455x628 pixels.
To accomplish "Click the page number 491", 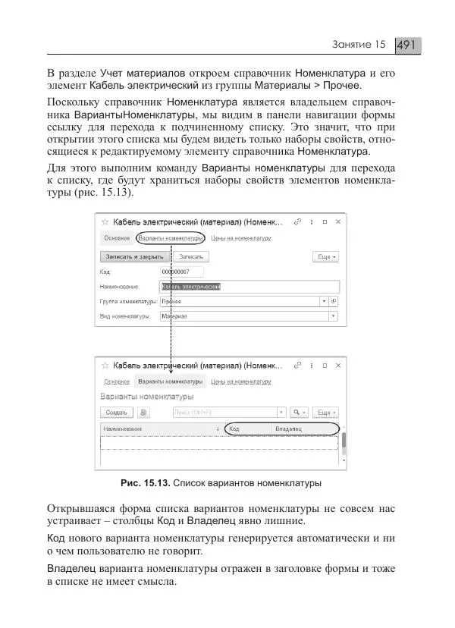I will (x=407, y=46).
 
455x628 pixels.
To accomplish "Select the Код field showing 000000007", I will (x=181, y=272).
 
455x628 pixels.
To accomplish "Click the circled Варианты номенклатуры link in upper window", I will (x=171, y=238).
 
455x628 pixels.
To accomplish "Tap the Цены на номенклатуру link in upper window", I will (x=241, y=238).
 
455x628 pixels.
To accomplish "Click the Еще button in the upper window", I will (x=327, y=257).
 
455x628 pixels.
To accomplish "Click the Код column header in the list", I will (x=235, y=429).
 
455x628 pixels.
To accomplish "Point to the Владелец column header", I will (x=289, y=429).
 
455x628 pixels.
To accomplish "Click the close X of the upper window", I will (x=337, y=222).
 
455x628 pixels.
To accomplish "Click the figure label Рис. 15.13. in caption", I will (x=145, y=483).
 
